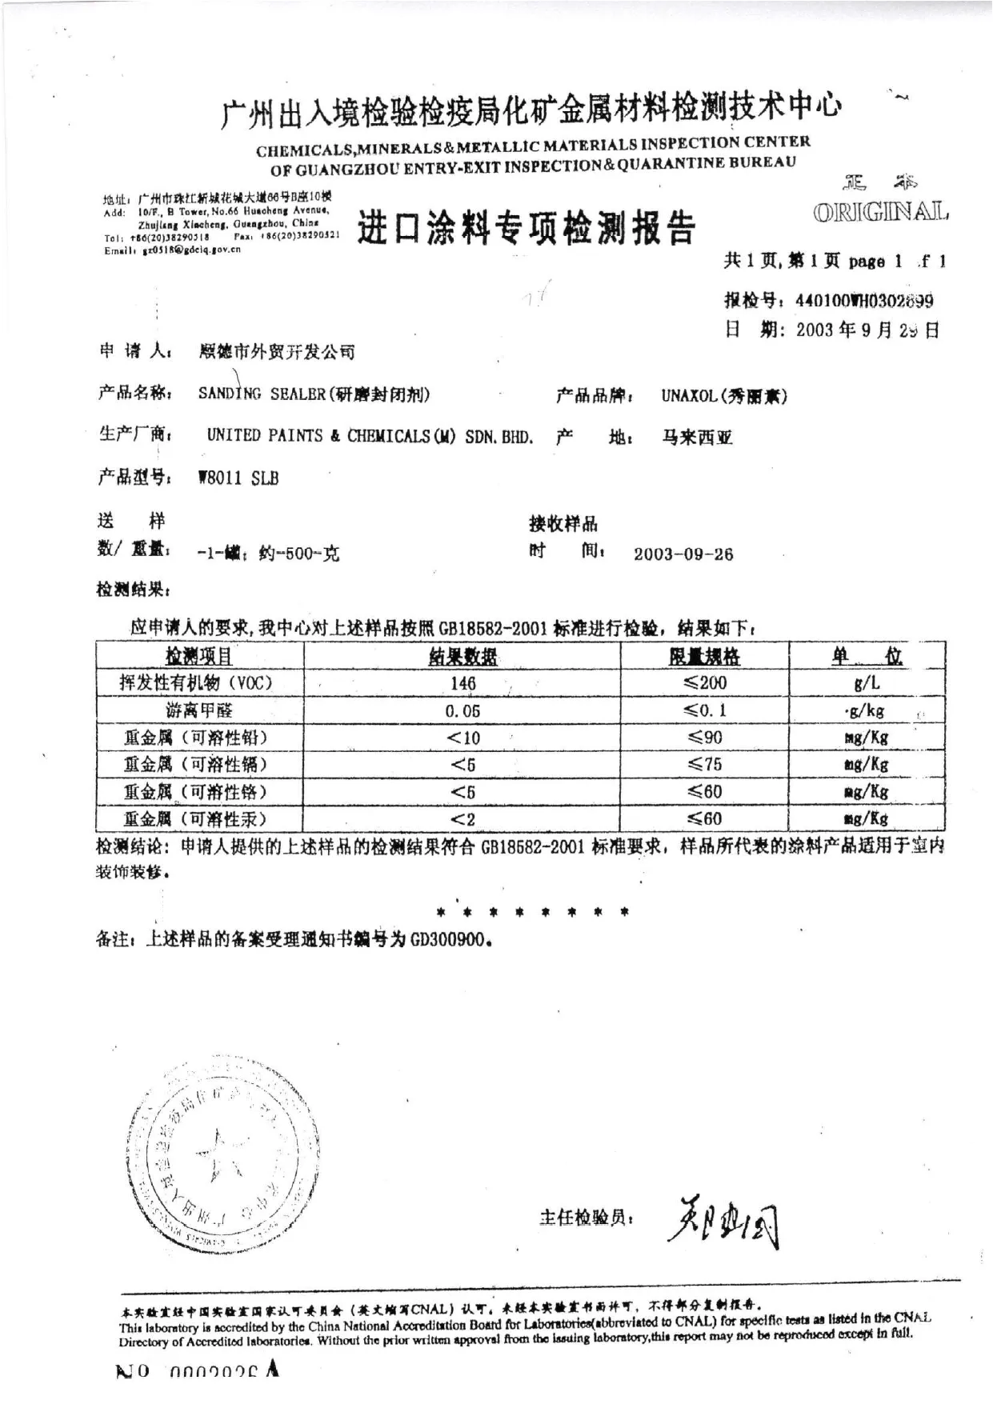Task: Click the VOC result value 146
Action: tap(463, 683)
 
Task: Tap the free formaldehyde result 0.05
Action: tap(462, 710)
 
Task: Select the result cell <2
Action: tap(462, 819)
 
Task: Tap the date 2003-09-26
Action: tap(683, 554)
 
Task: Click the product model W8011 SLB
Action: tap(238, 478)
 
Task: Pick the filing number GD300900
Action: tap(447, 939)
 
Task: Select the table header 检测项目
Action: tap(199, 657)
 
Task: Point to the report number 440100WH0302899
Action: tap(864, 302)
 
